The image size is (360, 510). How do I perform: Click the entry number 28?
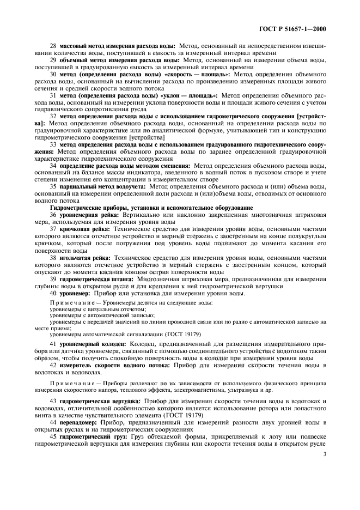click(53, 45)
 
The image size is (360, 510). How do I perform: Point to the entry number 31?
click(53, 94)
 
